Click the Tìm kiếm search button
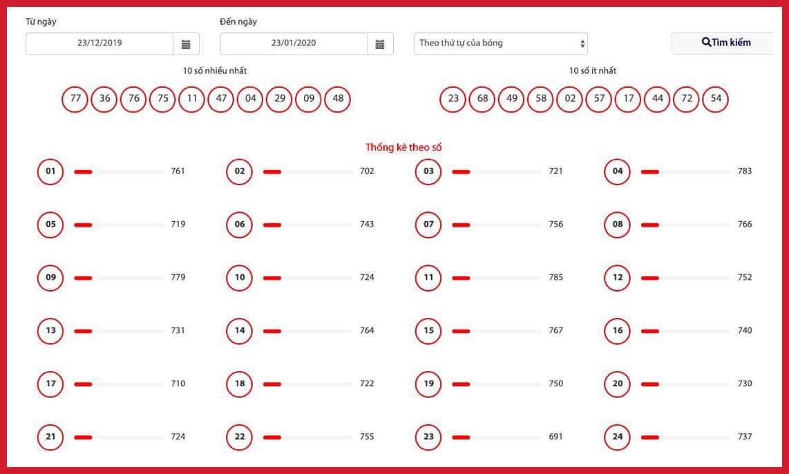click(723, 43)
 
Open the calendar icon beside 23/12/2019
click(186, 44)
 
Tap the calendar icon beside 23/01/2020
click(381, 44)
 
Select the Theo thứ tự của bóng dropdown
click(501, 44)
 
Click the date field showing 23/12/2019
click(99, 44)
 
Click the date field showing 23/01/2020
click(294, 44)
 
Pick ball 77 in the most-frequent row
click(75, 99)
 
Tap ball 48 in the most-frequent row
click(338, 99)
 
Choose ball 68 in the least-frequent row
click(482, 99)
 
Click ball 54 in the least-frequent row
click(716, 99)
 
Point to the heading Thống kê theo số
click(403, 147)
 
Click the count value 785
click(556, 277)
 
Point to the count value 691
click(556, 437)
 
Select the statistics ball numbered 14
click(240, 330)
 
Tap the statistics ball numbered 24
click(618, 437)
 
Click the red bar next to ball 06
click(272, 225)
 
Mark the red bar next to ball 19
click(461, 384)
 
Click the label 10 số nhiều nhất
click(215, 71)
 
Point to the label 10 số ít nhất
click(593, 71)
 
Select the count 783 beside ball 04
click(745, 171)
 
